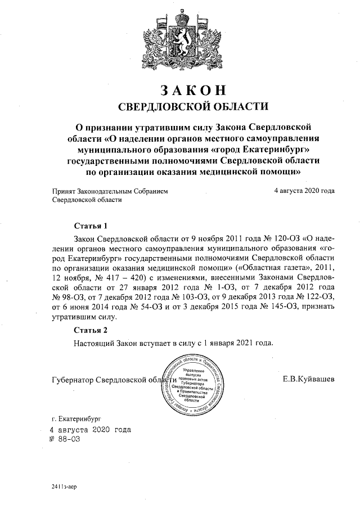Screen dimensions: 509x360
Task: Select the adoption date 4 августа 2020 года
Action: (x=304, y=191)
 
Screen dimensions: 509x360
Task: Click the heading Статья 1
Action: (x=91, y=227)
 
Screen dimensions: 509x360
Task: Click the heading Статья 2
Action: (x=91, y=330)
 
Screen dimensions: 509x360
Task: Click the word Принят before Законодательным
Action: (x=63, y=191)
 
